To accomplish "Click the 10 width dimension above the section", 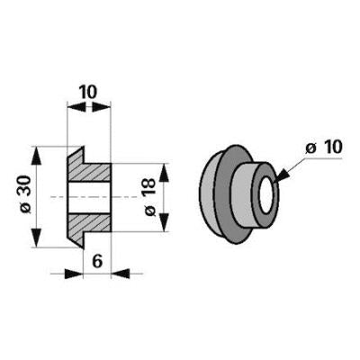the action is click(x=88, y=92).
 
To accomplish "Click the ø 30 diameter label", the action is click(x=26, y=195).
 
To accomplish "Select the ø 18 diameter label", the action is click(x=150, y=197).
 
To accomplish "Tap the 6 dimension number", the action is click(x=97, y=262).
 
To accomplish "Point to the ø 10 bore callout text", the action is click(x=324, y=148).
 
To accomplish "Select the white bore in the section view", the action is click(x=89, y=197).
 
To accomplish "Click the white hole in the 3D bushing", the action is click(x=265, y=195).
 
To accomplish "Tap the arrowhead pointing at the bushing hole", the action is click(x=282, y=176).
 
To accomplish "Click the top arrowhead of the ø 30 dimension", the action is click(x=36, y=156).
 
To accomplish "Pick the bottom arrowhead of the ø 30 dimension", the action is click(x=36, y=238).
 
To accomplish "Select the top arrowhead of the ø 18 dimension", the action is click(x=164, y=173).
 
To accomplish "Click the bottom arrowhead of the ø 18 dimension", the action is click(x=164, y=222).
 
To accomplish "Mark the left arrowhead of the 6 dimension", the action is click(x=74, y=274).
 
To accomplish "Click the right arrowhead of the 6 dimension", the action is click(x=121, y=274).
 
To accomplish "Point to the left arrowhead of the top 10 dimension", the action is click(x=76, y=107).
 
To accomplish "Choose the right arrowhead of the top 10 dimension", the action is click(x=102, y=107).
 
